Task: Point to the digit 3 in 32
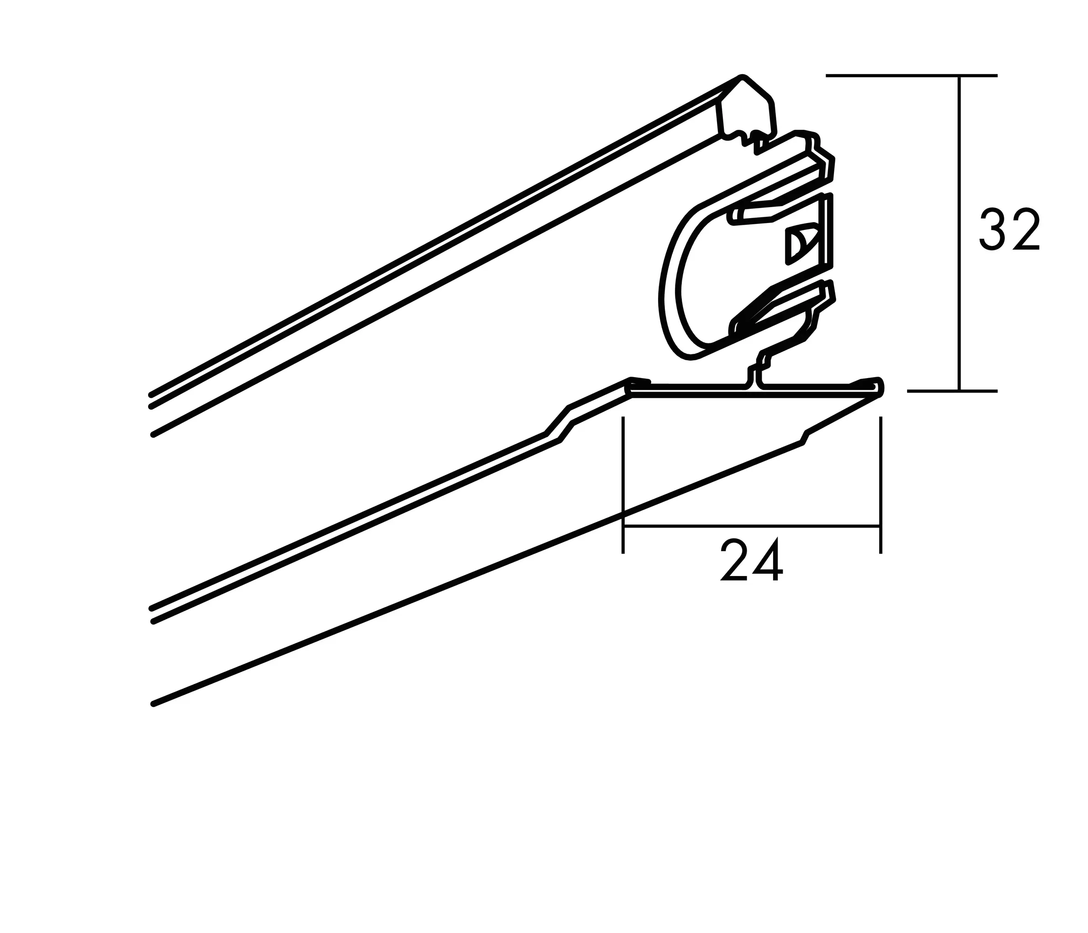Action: tap(992, 229)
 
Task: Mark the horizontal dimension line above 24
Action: tap(751, 526)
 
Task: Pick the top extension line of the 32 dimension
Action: tap(911, 75)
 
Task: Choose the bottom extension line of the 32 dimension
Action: tap(951, 391)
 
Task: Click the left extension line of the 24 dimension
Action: tap(623, 483)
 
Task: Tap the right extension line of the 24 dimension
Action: tap(881, 483)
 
